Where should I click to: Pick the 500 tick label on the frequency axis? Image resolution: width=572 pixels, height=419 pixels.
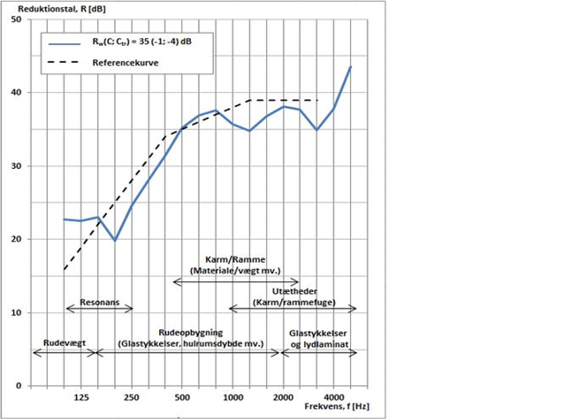pyautogui.click(x=182, y=397)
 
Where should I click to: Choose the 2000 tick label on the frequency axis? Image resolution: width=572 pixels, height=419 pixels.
pyautogui.click(x=283, y=397)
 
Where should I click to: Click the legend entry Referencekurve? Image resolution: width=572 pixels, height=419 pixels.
pyautogui.click(x=125, y=62)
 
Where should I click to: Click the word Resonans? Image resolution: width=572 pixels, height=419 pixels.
pyautogui.click(x=100, y=302)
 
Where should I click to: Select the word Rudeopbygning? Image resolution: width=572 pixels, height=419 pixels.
pyautogui.click(x=191, y=332)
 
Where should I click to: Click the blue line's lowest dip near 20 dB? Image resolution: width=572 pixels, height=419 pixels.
pyautogui.click(x=114, y=241)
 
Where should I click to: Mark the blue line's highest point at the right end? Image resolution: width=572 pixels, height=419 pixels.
pyautogui.click(x=351, y=67)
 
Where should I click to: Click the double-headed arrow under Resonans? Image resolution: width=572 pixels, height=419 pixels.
pyautogui.click(x=100, y=309)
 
